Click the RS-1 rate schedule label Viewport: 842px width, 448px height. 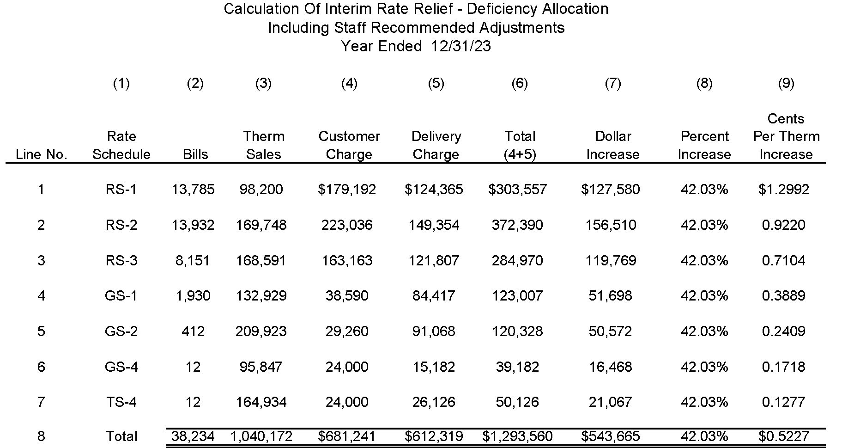pyautogui.click(x=121, y=190)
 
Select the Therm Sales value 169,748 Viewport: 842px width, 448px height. pyautogui.click(x=261, y=225)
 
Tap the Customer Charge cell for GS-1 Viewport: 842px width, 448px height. pyautogui.click(x=347, y=296)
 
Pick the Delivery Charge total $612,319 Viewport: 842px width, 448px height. pyautogui.click(x=434, y=436)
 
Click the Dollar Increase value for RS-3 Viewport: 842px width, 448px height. pyautogui.click(x=611, y=261)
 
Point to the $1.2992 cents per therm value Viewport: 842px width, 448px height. pyautogui.click(x=784, y=190)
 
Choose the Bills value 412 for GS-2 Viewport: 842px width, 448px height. pyautogui.click(x=193, y=331)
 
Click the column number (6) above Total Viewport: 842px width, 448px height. pyautogui.click(x=520, y=84)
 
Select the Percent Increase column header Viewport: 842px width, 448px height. pyautogui.click(x=704, y=145)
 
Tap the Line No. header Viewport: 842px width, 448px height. pyautogui.click(x=42, y=154)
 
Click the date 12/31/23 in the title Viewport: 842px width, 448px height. pyautogui.click(x=461, y=46)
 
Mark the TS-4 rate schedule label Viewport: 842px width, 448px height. pyautogui.click(x=121, y=402)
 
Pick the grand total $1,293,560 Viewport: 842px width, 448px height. pyautogui.click(x=517, y=436)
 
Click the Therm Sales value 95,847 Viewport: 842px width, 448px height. pyautogui.click(x=261, y=367)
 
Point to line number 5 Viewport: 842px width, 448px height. pyautogui.click(x=41, y=331)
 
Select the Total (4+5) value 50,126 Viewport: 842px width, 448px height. pyautogui.click(x=517, y=402)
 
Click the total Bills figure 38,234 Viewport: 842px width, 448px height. pyautogui.click(x=193, y=436)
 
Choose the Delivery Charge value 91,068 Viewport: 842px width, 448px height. pyautogui.click(x=434, y=331)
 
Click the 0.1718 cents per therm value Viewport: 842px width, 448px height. pyautogui.click(x=784, y=367)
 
